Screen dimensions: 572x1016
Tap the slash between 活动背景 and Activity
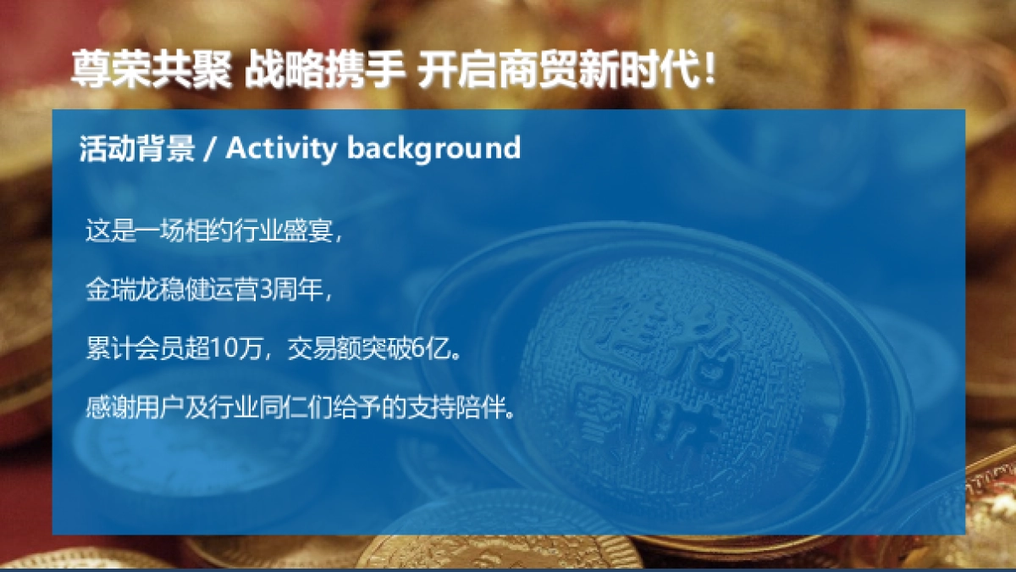click(x=210, y=149)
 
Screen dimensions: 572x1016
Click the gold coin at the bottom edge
click(x=500, y=551)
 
